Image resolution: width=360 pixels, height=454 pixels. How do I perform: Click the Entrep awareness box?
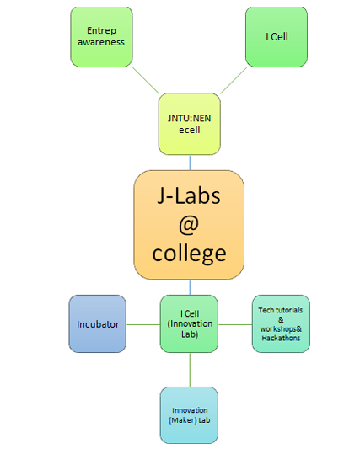101,37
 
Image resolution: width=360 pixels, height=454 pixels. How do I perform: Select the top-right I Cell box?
277,37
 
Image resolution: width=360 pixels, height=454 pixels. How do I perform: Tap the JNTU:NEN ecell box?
190,124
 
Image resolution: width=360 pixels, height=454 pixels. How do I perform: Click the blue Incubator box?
98,324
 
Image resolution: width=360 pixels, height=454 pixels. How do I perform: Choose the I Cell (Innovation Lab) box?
190,324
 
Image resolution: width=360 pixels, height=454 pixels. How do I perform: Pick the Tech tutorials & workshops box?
281,324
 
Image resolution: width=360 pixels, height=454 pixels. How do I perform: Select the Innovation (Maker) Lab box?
190,415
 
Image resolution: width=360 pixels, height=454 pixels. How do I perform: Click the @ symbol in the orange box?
189,225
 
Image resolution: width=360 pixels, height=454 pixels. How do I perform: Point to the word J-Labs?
189,195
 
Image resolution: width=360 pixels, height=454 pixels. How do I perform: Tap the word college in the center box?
190,254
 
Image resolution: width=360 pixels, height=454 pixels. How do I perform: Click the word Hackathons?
281,338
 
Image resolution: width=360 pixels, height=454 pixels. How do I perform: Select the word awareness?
101,42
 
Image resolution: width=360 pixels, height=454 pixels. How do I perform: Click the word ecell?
190,130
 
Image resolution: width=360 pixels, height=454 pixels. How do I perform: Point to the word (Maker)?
181,420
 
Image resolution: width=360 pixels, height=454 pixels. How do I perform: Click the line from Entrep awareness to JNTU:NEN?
146,81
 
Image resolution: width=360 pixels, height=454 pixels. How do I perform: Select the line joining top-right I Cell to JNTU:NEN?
234,81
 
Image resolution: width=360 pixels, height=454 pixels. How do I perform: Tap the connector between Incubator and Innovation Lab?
143,324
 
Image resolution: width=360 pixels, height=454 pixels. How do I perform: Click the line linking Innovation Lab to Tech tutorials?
235,324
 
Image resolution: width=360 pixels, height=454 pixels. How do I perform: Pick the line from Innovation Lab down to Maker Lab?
190,370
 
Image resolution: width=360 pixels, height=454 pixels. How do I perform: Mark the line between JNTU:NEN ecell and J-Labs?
190,163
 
